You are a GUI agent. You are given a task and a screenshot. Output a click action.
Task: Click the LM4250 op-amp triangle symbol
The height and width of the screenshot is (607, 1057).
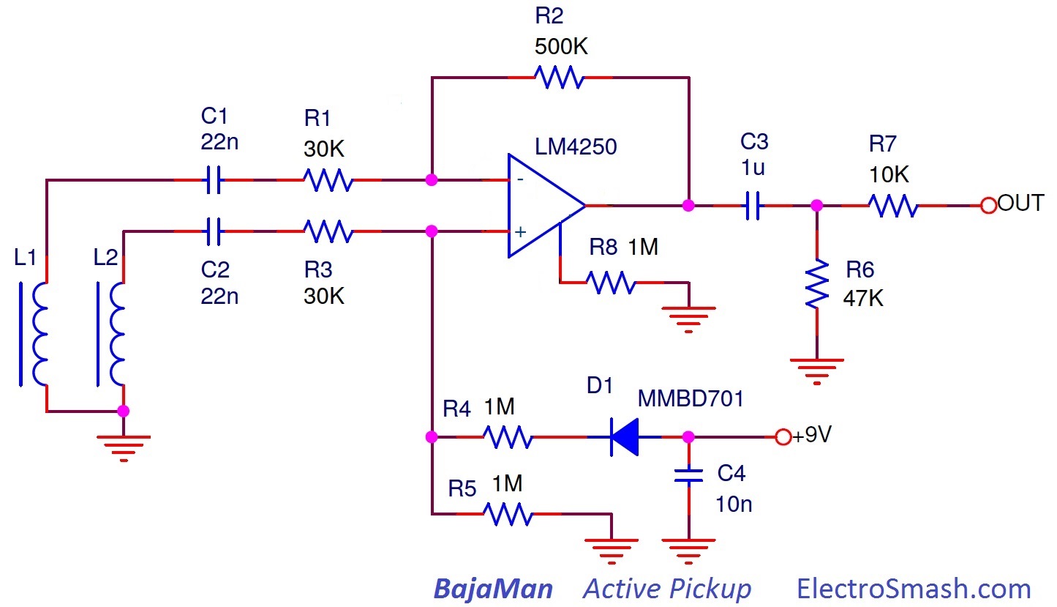543,206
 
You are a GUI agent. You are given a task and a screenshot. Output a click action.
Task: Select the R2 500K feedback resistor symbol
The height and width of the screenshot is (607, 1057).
560,77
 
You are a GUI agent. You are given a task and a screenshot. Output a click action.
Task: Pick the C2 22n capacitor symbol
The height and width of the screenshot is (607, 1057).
213,232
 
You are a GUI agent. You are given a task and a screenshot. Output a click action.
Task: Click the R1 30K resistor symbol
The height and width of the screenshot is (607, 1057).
328,179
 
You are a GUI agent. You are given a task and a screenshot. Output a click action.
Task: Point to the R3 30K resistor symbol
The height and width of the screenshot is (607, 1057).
328,232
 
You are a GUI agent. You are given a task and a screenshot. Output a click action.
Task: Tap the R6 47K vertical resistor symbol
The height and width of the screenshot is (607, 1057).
817,284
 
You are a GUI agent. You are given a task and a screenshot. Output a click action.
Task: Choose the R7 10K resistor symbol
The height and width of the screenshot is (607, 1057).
893,206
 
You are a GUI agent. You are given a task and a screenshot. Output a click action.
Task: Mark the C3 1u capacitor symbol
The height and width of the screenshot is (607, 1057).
753,206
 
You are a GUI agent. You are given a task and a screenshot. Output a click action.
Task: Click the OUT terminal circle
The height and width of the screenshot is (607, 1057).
989,206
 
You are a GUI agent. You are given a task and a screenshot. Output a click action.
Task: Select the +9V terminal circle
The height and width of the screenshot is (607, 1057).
783,438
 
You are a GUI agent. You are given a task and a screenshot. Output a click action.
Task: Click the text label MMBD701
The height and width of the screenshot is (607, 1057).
691,399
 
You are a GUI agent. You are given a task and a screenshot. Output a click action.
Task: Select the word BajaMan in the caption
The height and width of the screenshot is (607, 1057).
493,589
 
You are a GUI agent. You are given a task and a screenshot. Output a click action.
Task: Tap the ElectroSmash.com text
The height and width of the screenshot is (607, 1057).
913,589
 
